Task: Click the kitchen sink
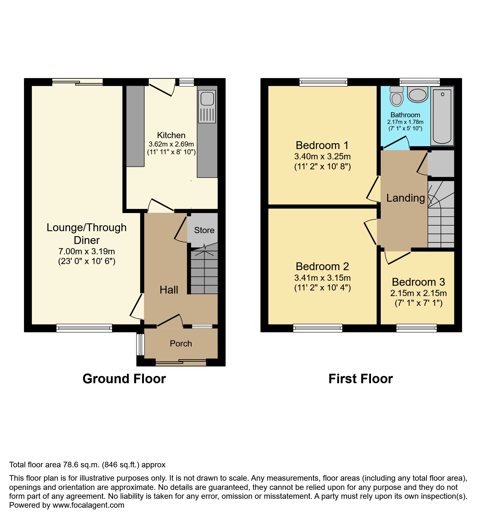coord(207,106)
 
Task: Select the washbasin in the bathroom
coord(417,94)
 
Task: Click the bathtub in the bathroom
coord(442,116)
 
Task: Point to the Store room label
coord(204,230)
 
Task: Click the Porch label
coord(181,344)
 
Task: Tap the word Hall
coord(169,290)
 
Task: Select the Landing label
coord(406,198)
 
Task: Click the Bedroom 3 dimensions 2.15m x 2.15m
coord(418,293)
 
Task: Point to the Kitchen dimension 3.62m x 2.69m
coord(171,144)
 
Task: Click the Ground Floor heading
coord(124,379)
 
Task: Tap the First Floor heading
coord(361,379)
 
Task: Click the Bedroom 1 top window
coord(323,82)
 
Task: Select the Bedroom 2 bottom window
coord(318,328)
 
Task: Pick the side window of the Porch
coord(140,344)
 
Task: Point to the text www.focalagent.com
coord(88,505)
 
